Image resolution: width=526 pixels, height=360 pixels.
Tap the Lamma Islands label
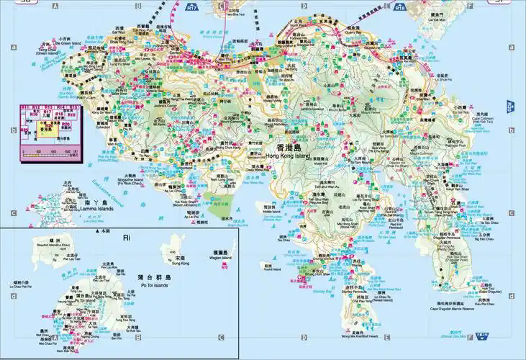tap(96, 212)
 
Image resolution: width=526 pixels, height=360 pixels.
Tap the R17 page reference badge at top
tap(191, 9)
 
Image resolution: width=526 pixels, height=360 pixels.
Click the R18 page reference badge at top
tap(400, 9)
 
